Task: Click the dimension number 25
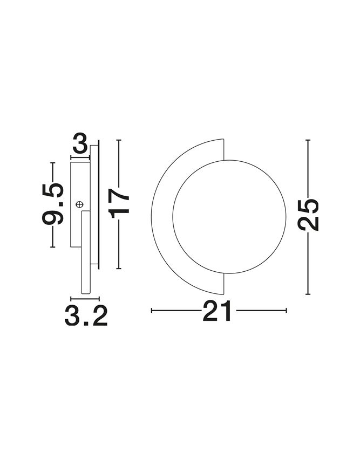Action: [x=308, y=215]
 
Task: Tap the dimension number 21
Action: [x=217, y=311]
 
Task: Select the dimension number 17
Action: [x=119, y=203]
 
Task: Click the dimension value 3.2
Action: [x=86, y=315]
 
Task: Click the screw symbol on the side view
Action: [x=79, y=205]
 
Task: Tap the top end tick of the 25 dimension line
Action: [x=308, y=140]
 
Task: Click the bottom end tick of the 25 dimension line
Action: [x=308, y=294]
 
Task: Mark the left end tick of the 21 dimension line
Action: [x=152, y=310]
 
